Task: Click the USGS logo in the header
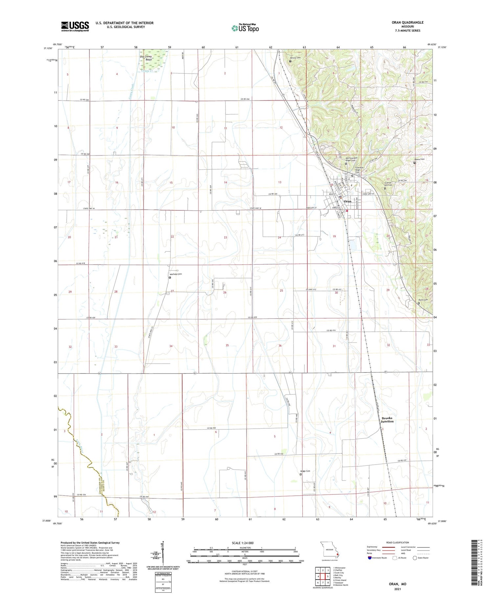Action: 75,26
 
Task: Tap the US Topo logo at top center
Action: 245,28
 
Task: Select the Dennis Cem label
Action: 295,58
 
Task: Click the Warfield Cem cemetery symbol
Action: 170,277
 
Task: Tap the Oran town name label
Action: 347,202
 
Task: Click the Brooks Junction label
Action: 387,420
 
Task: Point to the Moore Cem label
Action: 419,159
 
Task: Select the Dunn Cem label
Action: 423,300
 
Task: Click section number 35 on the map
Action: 227,346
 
